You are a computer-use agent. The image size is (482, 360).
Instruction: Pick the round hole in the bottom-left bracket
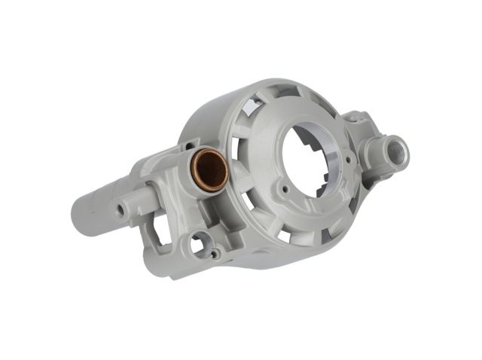coord(198,243)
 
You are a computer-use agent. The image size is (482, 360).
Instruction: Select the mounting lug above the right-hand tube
coord(355,119)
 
